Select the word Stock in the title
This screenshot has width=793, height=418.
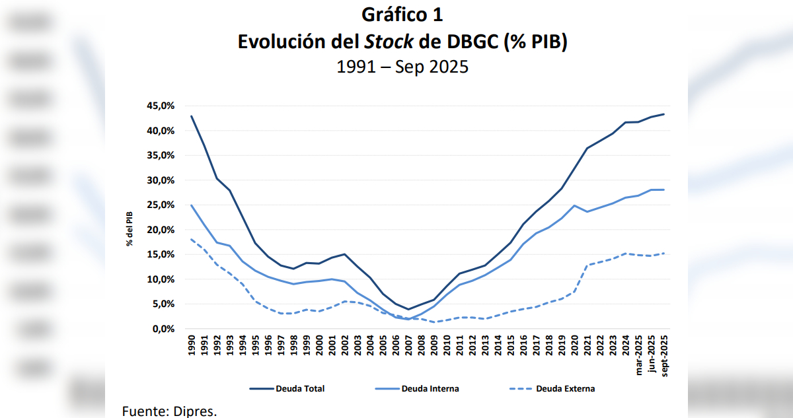click(389, 42)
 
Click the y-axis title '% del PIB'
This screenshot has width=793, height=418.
click(130, 229)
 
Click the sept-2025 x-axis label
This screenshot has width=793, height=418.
click(664, 355)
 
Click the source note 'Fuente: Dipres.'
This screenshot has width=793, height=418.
click(170, 411)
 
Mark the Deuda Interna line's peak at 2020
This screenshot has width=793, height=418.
click(575, 205)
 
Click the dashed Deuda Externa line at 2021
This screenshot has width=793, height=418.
click(587, 265)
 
